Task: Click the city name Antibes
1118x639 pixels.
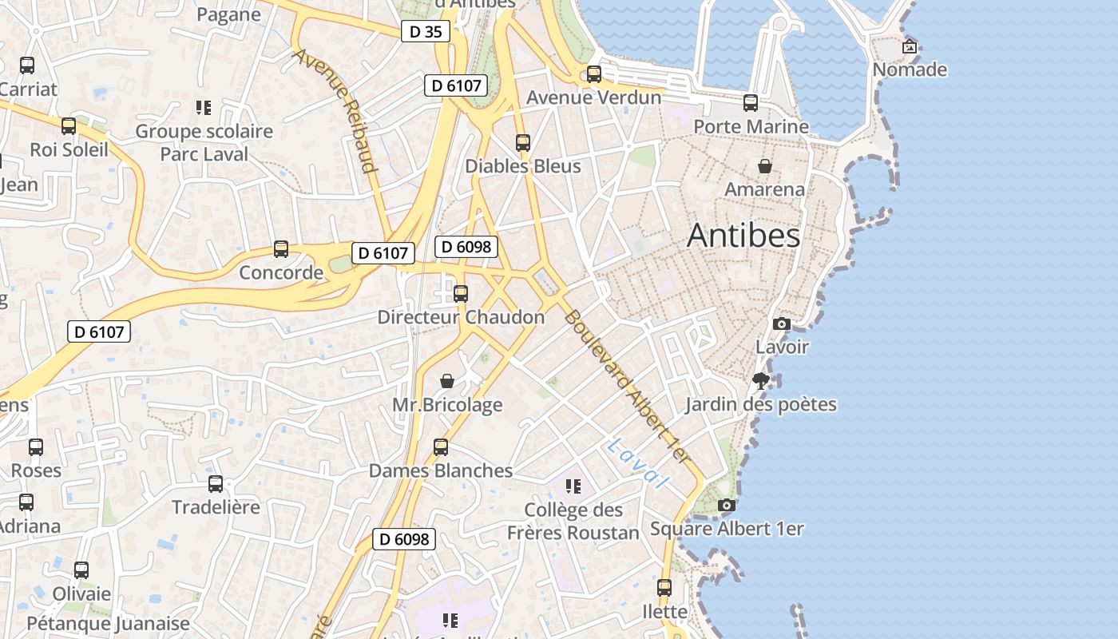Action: (743, 236)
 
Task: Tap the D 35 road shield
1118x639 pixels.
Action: (425, 32)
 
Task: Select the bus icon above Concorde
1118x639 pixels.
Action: (281, 249)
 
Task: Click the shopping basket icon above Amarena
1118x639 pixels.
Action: (765, 166)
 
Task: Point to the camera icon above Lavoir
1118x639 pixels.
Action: (782, 323)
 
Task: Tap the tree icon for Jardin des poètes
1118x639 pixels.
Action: (761, 381)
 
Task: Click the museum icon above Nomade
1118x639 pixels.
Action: (909, 46)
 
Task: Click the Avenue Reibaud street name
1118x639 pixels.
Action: (335, 110)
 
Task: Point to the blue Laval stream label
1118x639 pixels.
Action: (637, 463)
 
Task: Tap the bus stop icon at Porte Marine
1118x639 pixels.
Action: (751, 103)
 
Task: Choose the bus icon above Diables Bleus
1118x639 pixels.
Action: (523, 143)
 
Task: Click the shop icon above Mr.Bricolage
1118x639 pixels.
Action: (447, 381)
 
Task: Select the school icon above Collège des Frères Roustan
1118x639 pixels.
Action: (573, 486)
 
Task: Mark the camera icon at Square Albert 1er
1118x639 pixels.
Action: (726, 505)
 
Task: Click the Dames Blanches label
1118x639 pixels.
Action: (441, 470)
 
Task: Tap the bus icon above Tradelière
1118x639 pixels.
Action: (216, 483)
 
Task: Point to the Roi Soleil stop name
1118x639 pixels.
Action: (69, 149)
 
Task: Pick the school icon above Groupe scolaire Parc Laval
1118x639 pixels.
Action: (204, 107)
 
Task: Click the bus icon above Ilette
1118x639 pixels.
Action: (664, 588)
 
